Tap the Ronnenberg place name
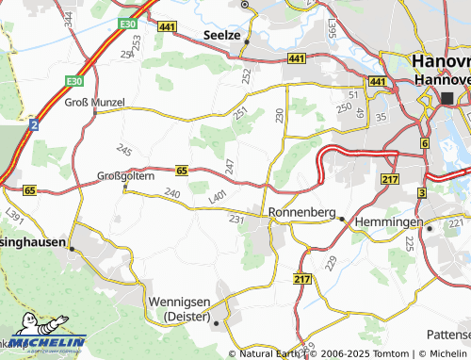(302, 212)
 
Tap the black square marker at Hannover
(448, 98)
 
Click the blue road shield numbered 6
(425, 143)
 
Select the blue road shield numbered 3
(420, 192)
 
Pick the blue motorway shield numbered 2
(34, 123)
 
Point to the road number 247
(230, 166)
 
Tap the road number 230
(279, 115)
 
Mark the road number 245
(124, 150)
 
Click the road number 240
(171, 193)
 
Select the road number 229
(330, 262)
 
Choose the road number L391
(14, 216)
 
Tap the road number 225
(409, 243)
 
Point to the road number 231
(236, 220)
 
